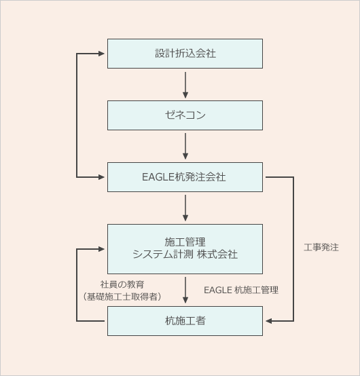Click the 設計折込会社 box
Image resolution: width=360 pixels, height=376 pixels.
[x=185, y=54]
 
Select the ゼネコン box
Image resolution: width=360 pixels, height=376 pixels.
[x=185, y=115]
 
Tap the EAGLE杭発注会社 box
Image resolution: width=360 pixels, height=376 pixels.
[x=185, y=177]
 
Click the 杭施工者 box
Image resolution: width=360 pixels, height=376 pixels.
[x=185, y=321]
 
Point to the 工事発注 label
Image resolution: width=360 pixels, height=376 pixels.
[x=321, y=247]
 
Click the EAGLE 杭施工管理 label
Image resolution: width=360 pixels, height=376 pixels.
[x=241, y=290]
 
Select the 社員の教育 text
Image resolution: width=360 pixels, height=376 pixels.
[x=122, y=284]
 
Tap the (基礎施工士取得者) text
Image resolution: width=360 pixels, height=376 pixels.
[x=122, y=297]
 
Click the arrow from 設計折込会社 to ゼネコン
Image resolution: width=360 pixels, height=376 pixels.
[x=185, y=85]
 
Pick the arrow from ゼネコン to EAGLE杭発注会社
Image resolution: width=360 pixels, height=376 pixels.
[x=185, y=146]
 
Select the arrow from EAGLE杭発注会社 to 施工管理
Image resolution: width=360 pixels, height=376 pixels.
[x=185, y=208]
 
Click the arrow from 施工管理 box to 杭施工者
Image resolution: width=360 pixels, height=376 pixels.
[x=185, y=290]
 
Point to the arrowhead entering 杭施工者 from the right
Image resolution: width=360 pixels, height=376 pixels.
[x=269, y=321]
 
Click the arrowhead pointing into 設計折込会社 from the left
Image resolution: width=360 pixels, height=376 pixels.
[x=101, y=54]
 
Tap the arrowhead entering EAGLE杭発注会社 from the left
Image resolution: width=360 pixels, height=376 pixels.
[x=101, y=177]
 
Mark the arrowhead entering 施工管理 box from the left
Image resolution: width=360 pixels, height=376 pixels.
[x=101, y=249]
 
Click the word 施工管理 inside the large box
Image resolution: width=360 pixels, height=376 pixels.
[x=185, y=242]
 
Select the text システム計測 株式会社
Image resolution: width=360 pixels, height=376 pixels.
[x=185, y=255]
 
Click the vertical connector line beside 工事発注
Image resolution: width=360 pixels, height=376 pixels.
[x=293, y=249]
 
